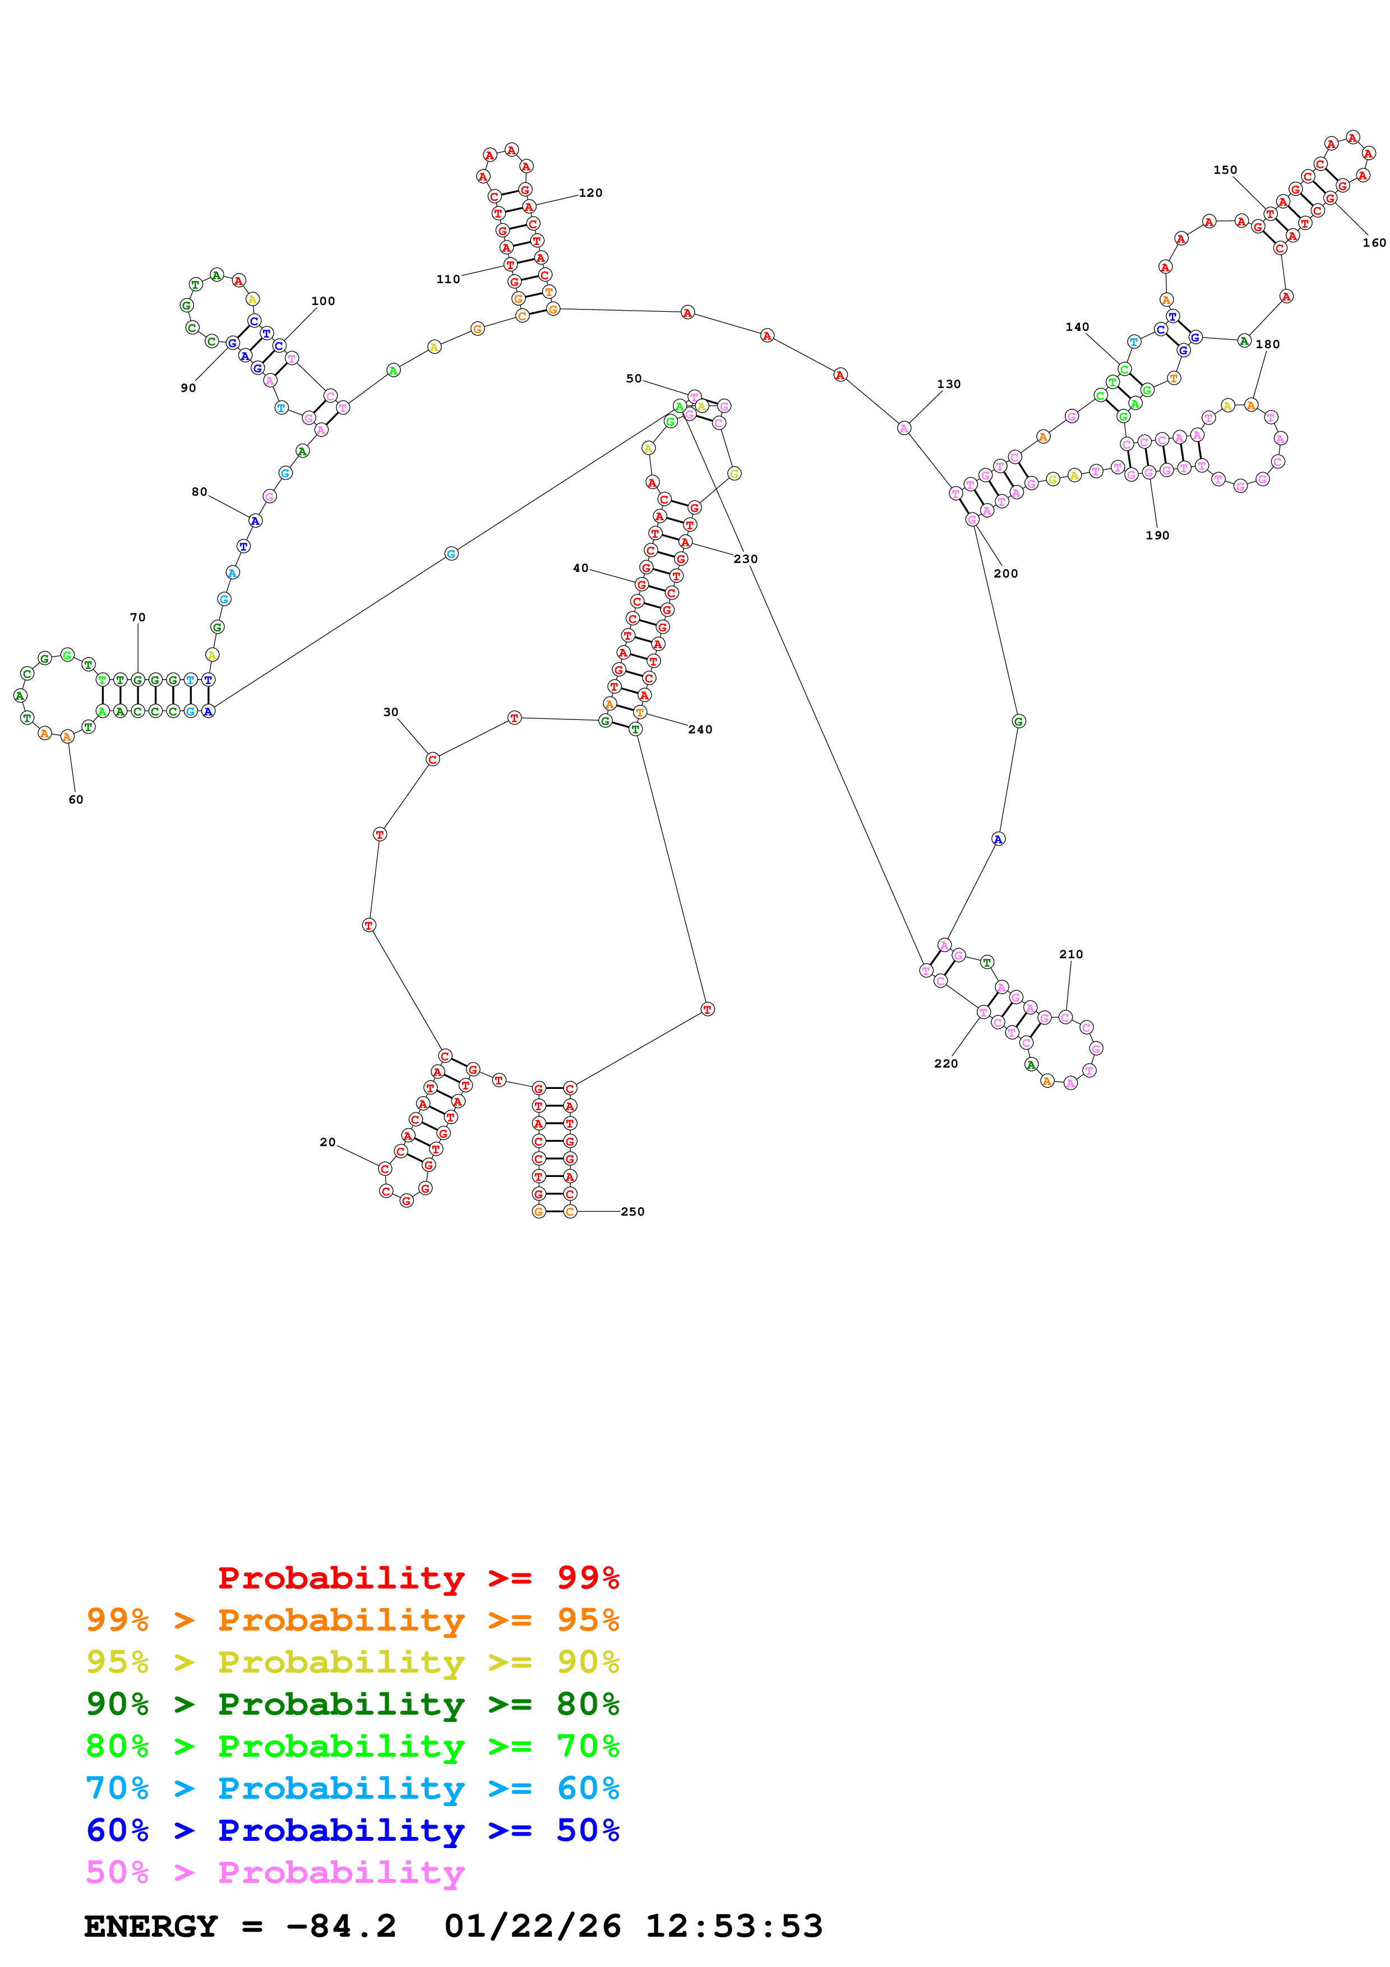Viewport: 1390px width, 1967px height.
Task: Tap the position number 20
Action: click(327, 1142)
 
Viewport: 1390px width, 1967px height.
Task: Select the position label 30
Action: click(391, 712)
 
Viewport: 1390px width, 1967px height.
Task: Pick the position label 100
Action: click(323, 301)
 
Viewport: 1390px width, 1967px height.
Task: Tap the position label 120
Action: click(590, 193)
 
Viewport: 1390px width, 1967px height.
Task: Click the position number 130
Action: click(949, 384)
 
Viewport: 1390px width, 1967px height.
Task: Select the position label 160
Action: click(1374, 242)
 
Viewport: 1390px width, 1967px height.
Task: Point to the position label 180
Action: click(1268, 344)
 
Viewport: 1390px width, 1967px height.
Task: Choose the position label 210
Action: click(1070, 954)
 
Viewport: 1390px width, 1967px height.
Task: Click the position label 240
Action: click(700, 729)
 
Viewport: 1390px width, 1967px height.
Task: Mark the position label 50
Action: click(634, 378)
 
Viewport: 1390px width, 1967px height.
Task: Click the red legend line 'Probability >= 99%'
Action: click(418, 1578)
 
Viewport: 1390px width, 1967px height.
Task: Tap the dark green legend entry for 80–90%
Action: click(353, 1704)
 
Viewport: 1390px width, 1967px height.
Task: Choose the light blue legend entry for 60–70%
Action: click(353, 1788)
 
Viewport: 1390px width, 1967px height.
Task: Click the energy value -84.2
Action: click(341, 1927)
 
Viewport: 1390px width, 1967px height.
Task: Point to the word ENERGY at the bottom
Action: click(151, 1927)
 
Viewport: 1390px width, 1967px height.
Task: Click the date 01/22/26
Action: click(533, 1927)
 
